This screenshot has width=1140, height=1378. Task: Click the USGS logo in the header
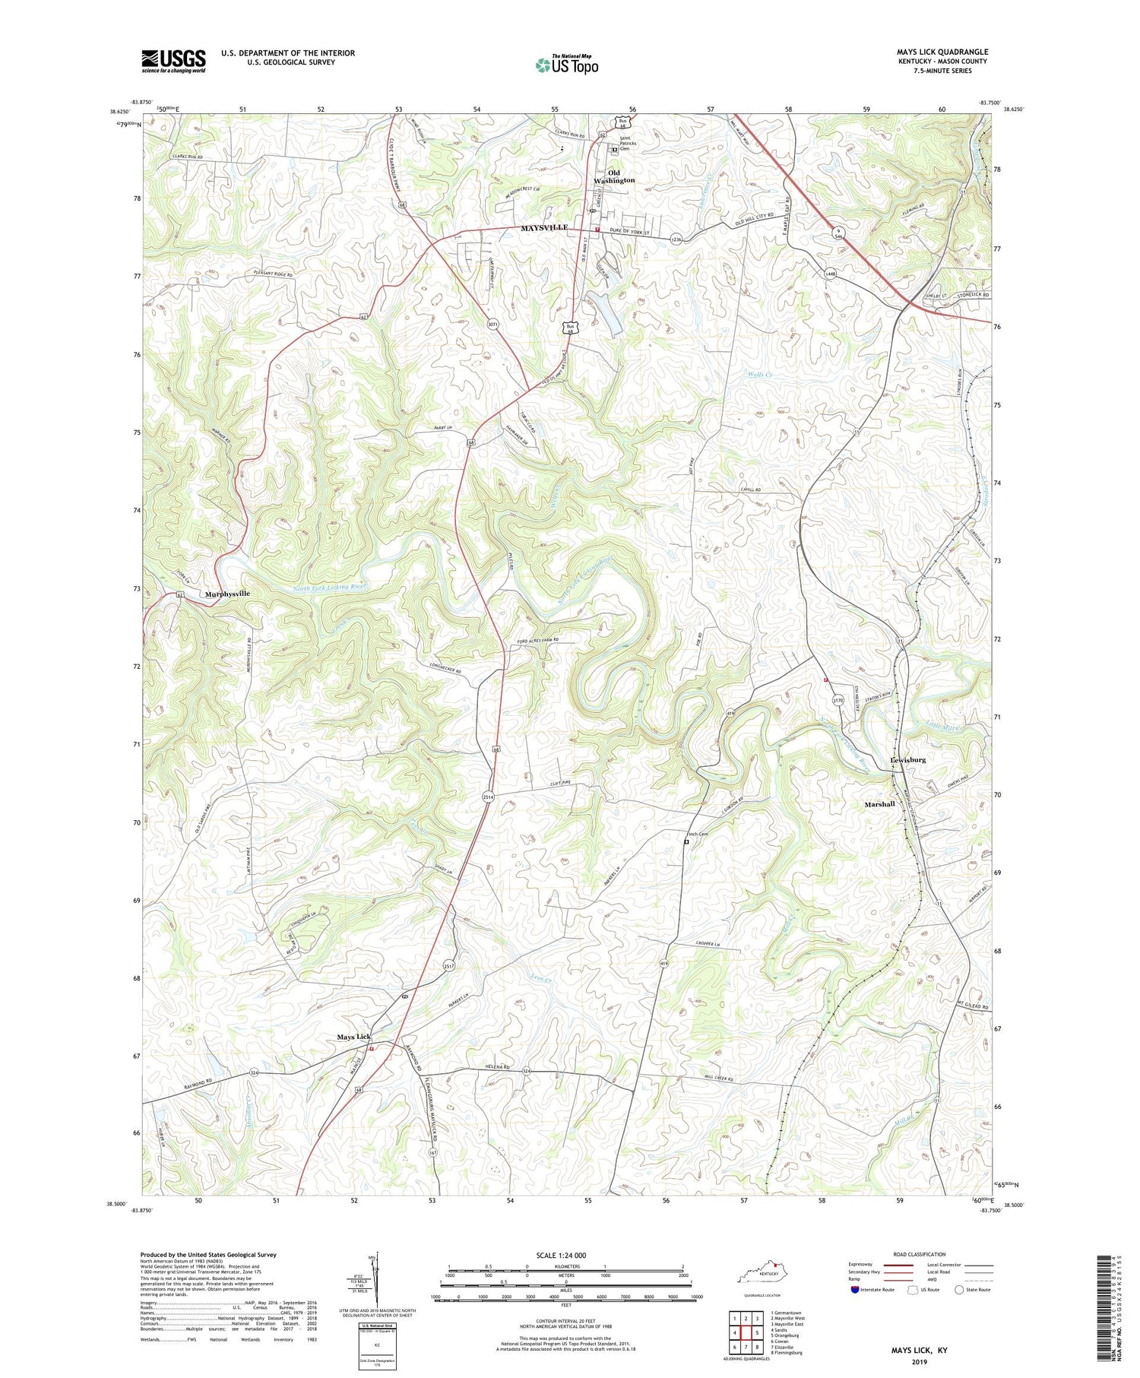click(173, 61)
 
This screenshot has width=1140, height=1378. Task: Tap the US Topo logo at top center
click(566, 65)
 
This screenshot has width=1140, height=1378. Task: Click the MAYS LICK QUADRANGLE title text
click(942, 52)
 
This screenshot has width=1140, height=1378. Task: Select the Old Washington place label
click(614, 176)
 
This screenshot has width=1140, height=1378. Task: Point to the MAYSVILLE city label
click(543, 228)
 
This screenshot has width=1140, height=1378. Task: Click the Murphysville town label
click(226, 594)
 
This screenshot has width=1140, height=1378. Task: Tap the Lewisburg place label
click(907, 759)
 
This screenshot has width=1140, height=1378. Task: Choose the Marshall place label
click(879, 804)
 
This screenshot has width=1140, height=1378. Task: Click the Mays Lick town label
click(354, 1037)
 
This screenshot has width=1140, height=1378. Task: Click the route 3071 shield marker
click(492, 325)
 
